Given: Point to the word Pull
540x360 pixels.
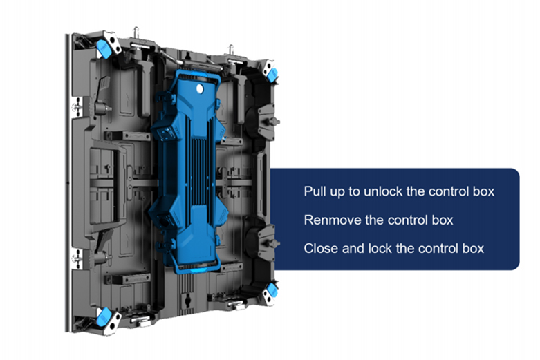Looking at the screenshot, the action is (315, 191).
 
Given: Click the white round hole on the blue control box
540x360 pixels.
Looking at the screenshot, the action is (200, 89).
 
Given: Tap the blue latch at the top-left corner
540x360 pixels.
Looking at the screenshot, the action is (103, 48).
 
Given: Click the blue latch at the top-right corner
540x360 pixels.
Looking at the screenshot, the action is (272, 75).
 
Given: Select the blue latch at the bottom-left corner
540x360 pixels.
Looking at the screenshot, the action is (104, 316).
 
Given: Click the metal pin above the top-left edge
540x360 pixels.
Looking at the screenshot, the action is (136, 33).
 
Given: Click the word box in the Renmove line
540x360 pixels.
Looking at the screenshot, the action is (443, 220).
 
